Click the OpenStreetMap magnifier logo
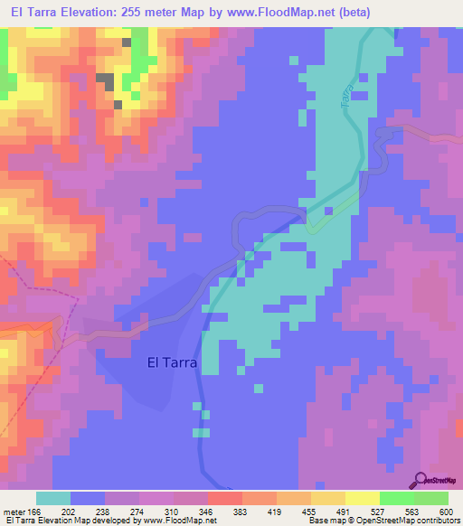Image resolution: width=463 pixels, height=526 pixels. pyautogui.click(x=421, y=479)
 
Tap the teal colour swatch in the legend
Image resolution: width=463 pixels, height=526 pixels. pyautogui.click(x=53, y=498)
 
